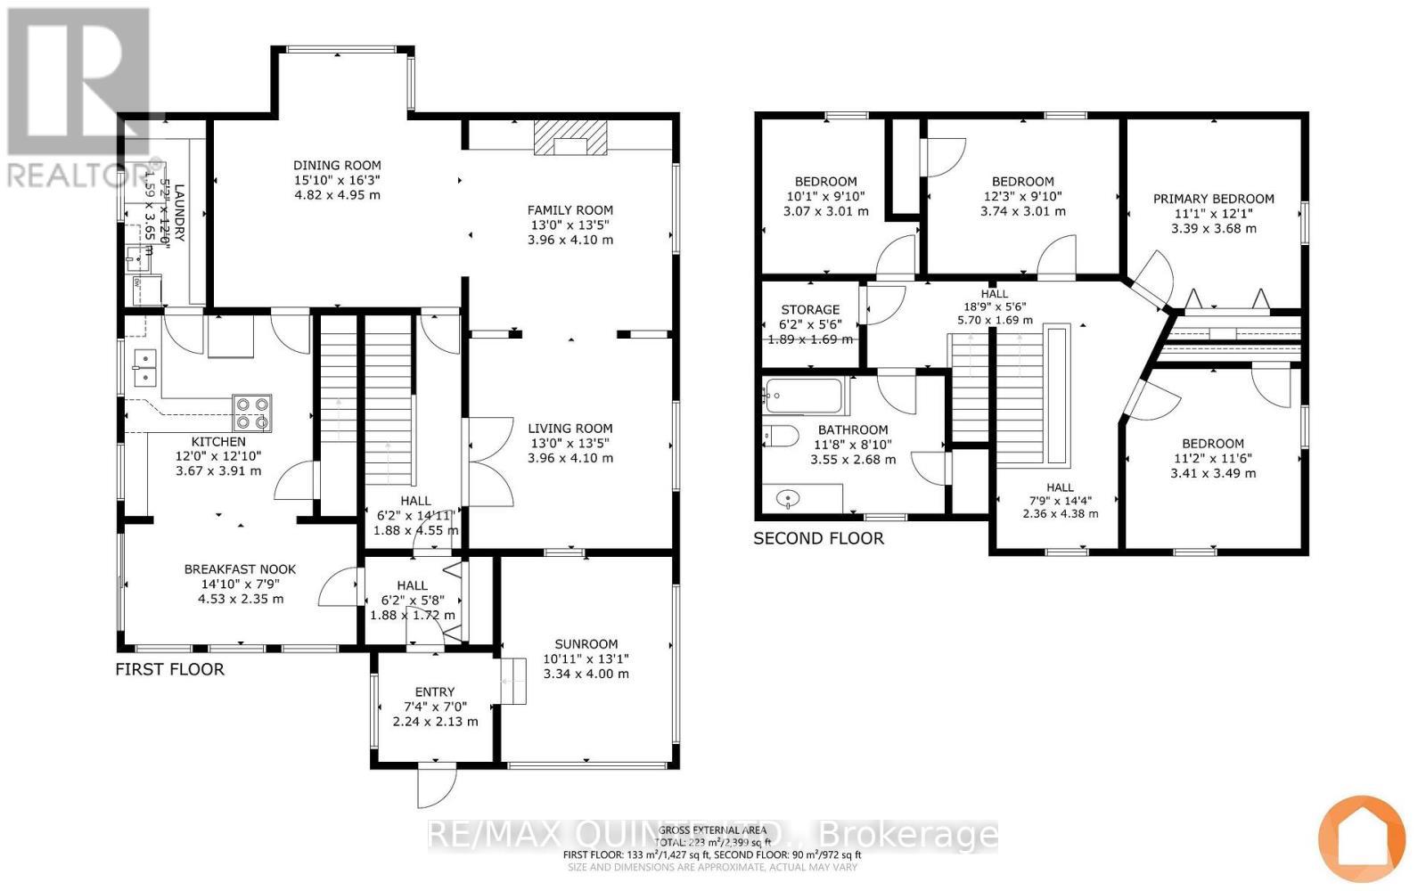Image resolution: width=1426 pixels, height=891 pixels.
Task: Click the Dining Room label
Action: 337,165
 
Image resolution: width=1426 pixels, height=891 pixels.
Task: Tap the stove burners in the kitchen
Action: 252,413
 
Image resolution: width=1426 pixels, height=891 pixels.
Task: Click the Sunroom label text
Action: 586,643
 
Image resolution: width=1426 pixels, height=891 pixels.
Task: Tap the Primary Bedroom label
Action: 1213,199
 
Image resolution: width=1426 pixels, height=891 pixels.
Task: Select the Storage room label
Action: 810,309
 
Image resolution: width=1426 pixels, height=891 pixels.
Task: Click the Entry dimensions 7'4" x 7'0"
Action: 434,707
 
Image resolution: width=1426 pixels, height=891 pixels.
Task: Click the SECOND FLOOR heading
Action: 818,538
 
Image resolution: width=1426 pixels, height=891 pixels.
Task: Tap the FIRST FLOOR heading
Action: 169,668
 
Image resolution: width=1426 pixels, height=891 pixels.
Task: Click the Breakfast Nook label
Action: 240,568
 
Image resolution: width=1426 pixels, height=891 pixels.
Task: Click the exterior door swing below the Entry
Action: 437,786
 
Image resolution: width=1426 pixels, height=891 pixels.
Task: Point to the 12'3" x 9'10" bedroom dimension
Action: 1022,196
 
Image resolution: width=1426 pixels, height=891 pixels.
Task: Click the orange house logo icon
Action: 1361,838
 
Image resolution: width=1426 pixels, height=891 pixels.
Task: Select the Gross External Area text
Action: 712,830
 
